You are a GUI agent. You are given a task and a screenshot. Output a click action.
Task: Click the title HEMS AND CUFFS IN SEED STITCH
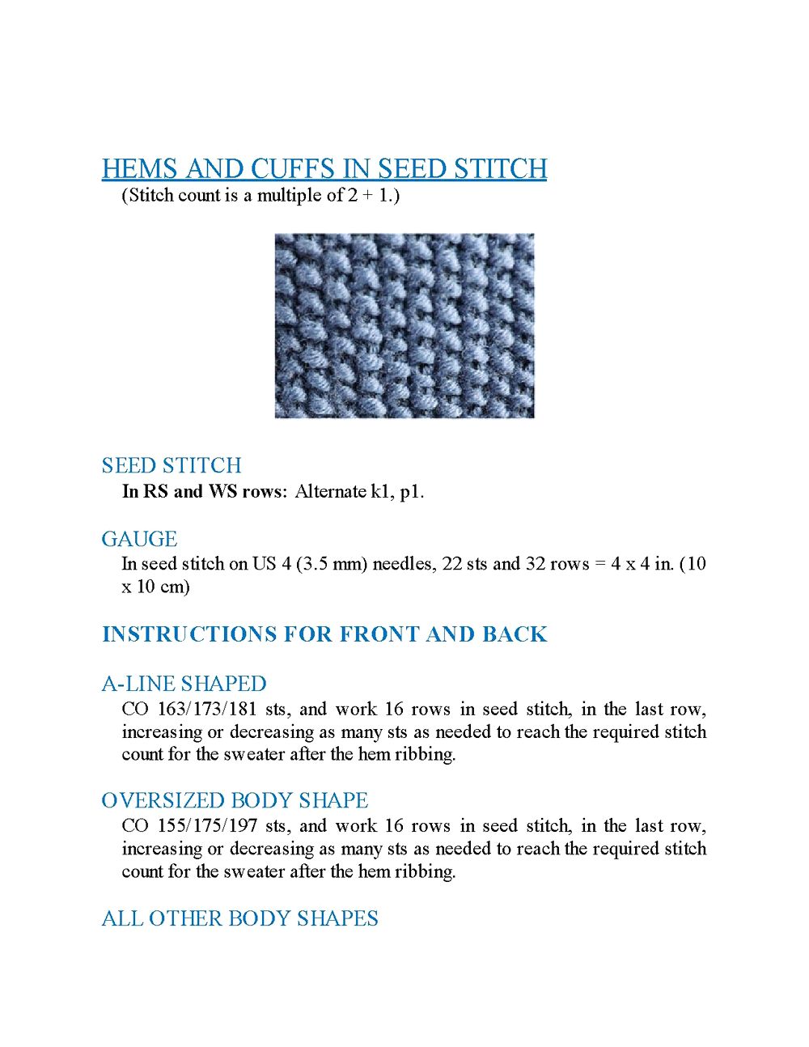pos(324,169)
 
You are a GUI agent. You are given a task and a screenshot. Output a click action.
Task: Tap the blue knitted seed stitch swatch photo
pos(404,326)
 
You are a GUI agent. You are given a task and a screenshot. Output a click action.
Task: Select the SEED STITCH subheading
pos(172,465)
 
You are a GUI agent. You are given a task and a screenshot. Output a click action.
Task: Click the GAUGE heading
pos(139,539)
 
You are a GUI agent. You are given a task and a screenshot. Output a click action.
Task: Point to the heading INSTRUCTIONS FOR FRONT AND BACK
pos(324,634)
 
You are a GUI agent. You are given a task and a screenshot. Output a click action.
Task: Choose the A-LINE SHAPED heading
pos(184,684)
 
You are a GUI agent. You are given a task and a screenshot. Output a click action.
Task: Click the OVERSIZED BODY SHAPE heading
pos(235,800)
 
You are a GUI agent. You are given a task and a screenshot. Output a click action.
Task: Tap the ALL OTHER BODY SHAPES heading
pos(239,918)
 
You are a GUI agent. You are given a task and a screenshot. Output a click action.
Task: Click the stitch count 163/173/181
pos(207,710)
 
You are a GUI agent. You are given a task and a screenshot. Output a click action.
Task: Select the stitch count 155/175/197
pos(207,826)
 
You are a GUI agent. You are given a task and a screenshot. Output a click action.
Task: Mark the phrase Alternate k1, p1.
pos(359,491)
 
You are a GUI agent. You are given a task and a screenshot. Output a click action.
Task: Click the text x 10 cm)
pos(156,587)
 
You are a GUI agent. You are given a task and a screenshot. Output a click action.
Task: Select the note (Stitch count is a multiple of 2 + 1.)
pos(260,195)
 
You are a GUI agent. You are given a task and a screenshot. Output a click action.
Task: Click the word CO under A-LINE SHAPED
pos(135,710)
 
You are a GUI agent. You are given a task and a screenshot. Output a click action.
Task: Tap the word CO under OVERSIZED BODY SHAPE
pos(135,826)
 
